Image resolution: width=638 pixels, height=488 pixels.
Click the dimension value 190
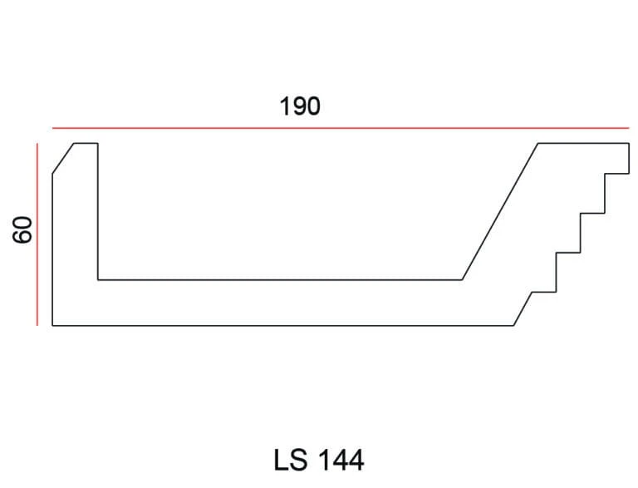point(300,106)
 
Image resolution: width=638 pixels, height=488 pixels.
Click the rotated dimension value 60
point(22,230)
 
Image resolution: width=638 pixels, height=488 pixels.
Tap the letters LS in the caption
point(291,460)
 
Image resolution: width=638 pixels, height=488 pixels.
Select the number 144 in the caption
point(341,461)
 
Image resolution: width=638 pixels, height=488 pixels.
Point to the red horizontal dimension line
point(341,128)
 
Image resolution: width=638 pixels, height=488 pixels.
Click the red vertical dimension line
point(37,234)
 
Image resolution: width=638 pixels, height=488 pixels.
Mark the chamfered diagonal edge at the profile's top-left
point(63,159)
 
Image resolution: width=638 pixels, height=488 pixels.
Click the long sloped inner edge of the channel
point(500,211)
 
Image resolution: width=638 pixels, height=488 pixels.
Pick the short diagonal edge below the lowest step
point(523,308)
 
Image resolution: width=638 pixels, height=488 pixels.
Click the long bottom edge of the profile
point(282,325)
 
